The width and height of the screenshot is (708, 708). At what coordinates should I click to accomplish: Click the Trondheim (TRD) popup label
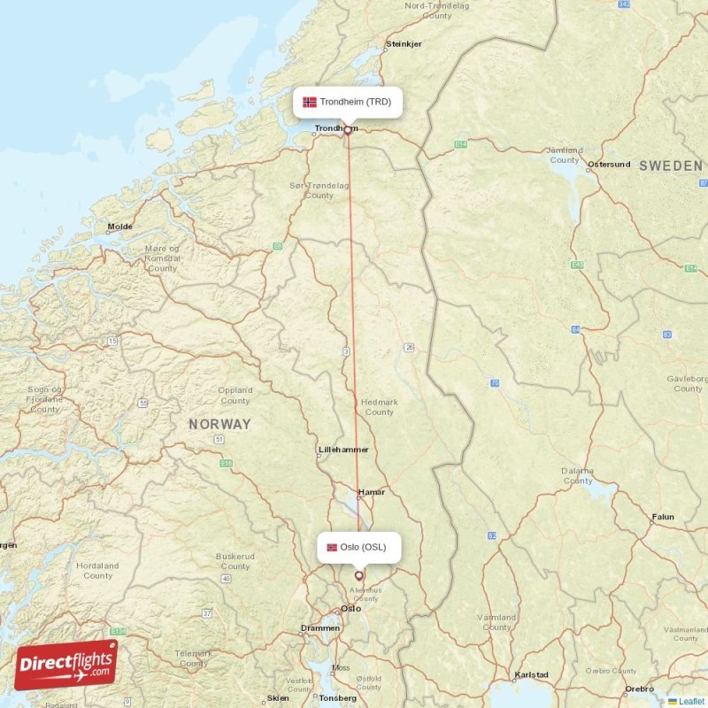pos(348,102)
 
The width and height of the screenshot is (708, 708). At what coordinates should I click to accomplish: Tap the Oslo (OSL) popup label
pos(358,547)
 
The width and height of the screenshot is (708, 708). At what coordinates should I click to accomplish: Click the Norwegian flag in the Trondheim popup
pos(310,102)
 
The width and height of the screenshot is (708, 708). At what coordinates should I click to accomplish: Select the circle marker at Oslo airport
pos(359,575)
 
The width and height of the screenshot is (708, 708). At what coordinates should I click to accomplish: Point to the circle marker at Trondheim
pos(348,130)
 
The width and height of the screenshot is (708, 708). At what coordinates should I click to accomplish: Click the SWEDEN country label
pos(671,165)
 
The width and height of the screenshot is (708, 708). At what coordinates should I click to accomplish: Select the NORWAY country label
pos(219,424)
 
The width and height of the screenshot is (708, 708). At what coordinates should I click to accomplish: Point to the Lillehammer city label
pos(343,450)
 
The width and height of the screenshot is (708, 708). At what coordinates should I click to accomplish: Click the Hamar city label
pos(372,492)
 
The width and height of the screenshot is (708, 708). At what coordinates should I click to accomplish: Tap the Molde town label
pos(119,227)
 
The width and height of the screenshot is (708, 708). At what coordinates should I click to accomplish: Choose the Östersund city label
pos(609,164)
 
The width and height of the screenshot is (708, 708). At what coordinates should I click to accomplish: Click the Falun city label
pos(663,517)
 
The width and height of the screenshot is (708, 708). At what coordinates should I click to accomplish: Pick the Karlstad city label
pos(531,674)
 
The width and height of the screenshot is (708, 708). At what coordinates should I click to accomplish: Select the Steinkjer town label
pos(404,43)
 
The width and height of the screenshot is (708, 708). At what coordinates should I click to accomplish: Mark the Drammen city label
pos(319,627)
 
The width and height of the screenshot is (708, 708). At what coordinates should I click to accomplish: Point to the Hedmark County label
pos(379,407)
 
